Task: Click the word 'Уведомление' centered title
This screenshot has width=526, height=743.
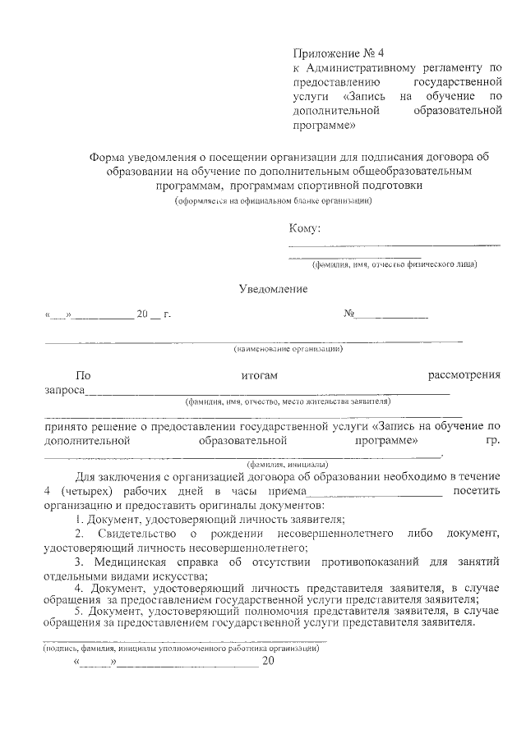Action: click(273, 289)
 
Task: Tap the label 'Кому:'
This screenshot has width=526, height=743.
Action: click(305, 227)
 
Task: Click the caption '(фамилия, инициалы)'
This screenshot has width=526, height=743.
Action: click(282, 463)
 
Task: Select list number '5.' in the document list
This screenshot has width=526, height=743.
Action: click(79, 611)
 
